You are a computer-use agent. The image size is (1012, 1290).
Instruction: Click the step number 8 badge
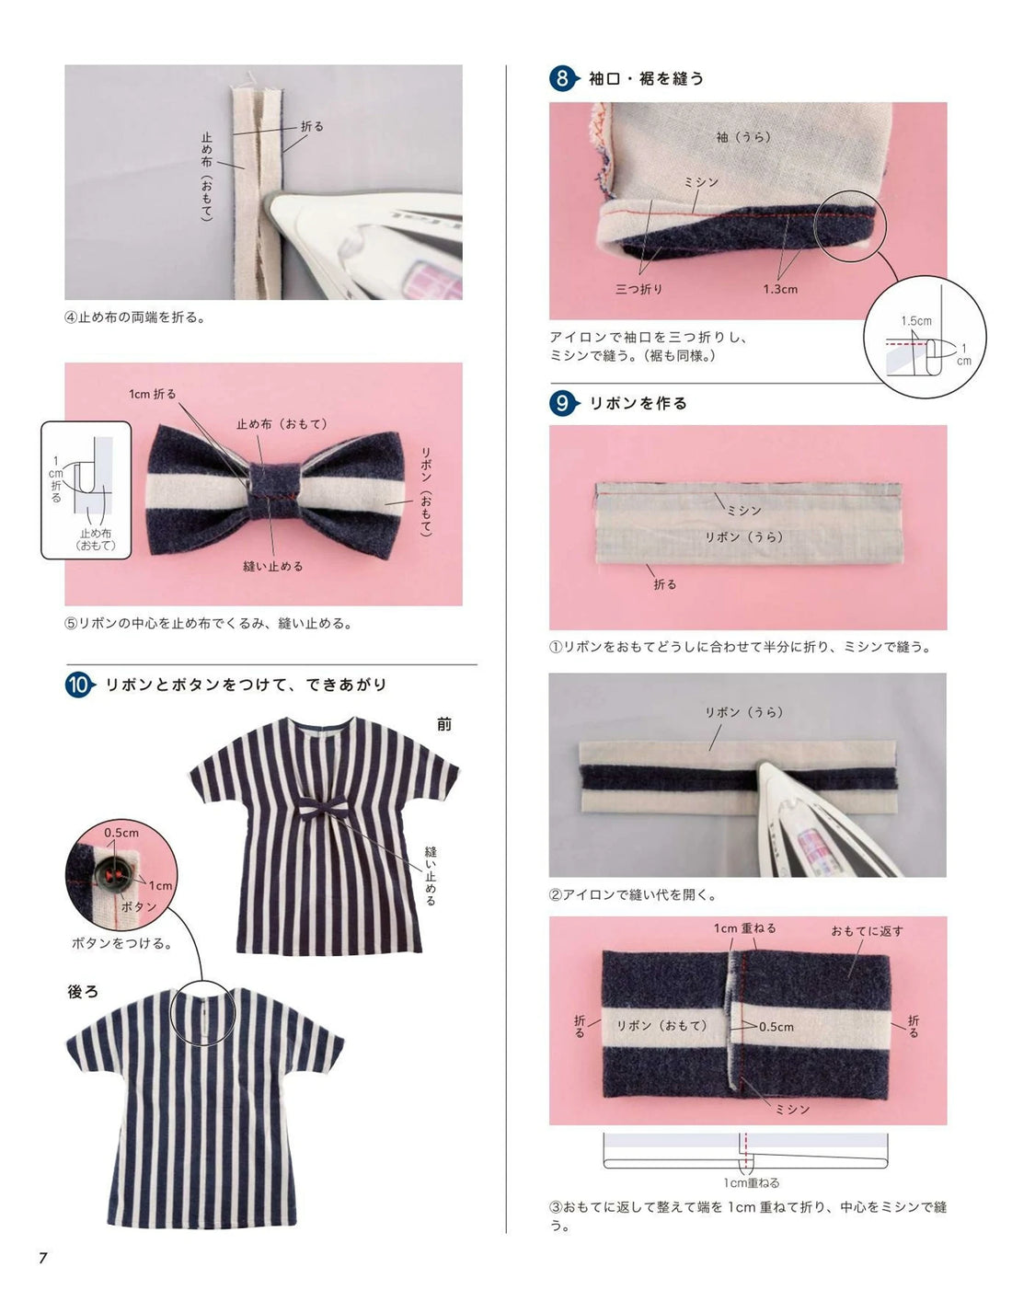pos(562,78)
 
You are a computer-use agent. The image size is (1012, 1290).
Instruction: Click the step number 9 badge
pos(562,403)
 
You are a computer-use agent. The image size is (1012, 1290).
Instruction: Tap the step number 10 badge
pos(79,685)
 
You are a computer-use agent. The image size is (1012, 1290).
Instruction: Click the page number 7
pos(42,1258)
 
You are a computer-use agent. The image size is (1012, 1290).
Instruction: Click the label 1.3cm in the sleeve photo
pos(779,289)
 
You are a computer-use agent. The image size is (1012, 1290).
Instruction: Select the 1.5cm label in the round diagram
pos(915,321)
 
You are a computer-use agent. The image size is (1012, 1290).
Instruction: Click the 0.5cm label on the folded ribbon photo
pos(776,1027)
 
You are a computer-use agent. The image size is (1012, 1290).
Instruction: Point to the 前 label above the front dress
pos(444,724)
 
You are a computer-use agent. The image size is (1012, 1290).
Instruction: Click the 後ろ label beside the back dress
pos(83,992)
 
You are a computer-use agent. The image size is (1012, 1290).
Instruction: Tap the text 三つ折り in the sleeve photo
pos(638,289)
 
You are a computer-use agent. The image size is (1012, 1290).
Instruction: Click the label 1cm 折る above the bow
pos(153,394)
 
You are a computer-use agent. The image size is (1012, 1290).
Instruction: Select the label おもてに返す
pos(867,931)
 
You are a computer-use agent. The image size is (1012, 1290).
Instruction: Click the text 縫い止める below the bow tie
pos(272,567)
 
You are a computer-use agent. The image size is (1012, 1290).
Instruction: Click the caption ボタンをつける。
pos(122,943)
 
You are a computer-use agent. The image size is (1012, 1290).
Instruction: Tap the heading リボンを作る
pos(638,403)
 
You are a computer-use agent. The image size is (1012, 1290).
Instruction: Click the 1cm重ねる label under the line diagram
pos(751,1183)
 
